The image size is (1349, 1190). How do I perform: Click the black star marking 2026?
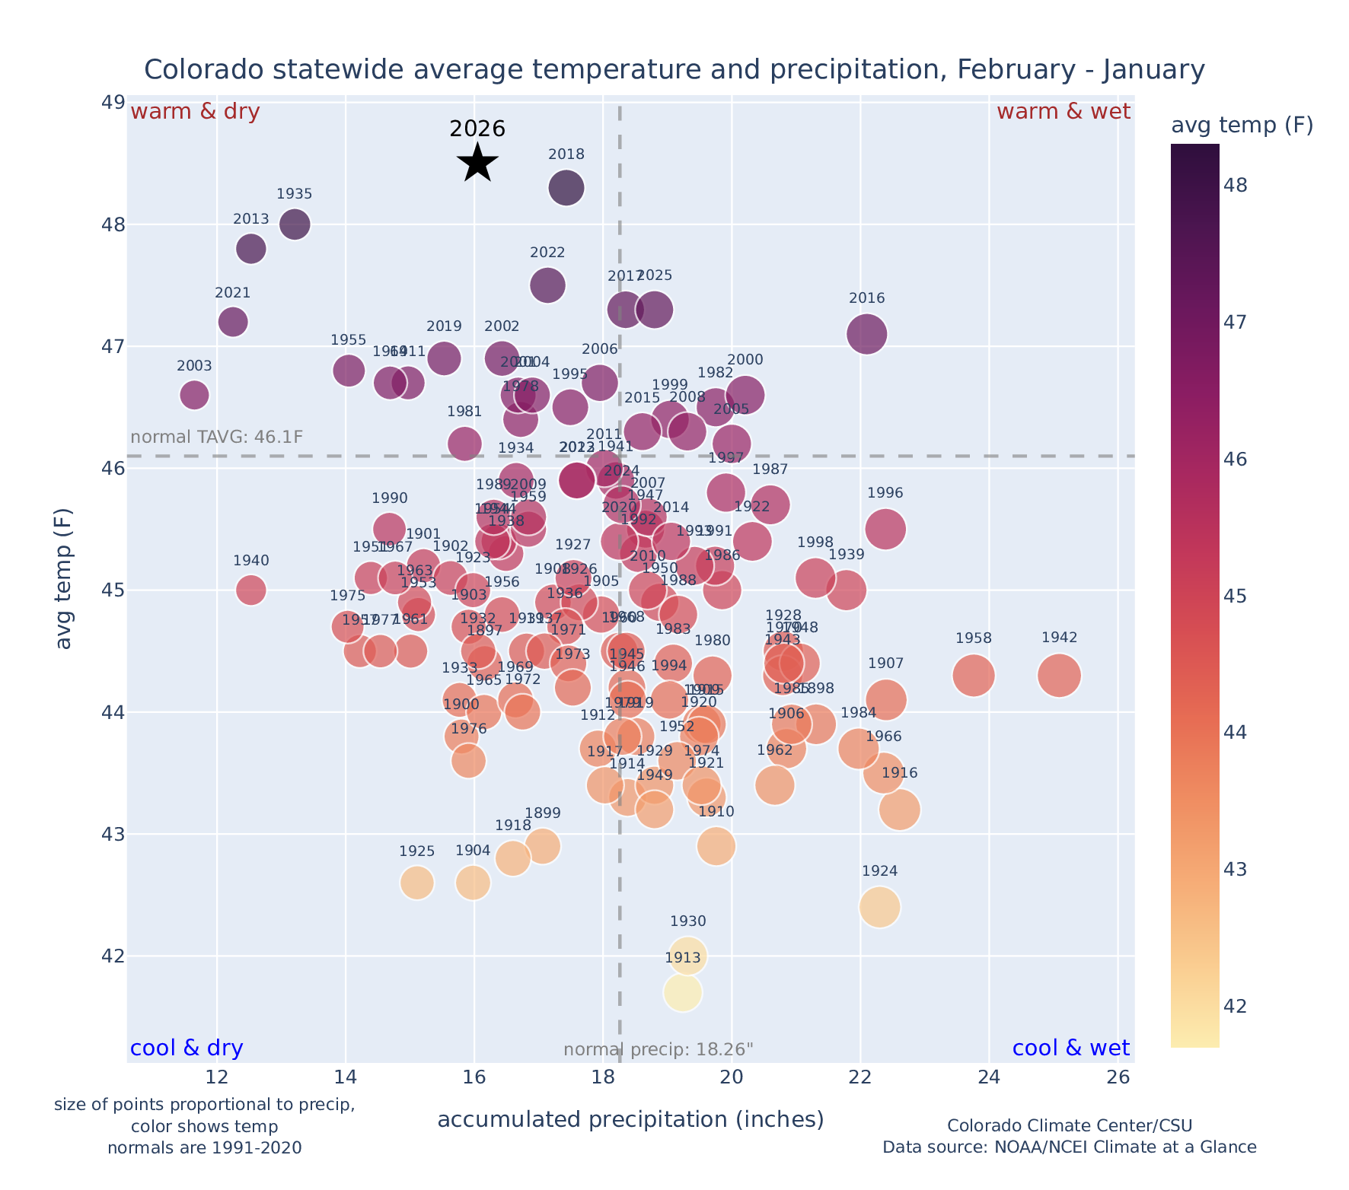point(477,162)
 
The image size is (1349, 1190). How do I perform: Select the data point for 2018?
point(566,188)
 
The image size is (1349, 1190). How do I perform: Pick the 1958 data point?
point(973,675)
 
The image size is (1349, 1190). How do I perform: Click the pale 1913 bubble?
point(682,992)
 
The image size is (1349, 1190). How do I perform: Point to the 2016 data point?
point(866,334)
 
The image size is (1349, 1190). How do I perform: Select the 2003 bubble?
point(194,395)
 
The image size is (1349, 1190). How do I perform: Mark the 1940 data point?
point(250,590)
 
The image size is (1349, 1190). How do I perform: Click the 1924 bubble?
point(879,907)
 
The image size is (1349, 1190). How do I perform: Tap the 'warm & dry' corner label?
point(195,112)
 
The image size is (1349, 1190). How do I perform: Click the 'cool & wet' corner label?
point(1070,1048)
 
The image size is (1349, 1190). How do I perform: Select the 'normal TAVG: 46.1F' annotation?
point(217,437)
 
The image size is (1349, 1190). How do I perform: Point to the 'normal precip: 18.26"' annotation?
point(659,1050)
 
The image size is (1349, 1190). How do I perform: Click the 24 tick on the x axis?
point(989,1077)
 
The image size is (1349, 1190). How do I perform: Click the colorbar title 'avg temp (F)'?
point(1242,126)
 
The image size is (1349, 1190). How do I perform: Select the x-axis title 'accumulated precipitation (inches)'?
point(630,1120)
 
